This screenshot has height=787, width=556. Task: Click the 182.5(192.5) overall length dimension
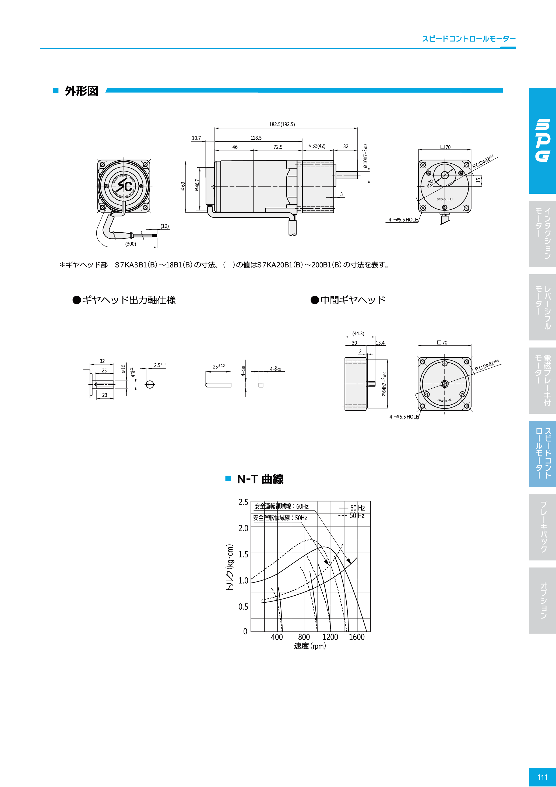tap(282, 124)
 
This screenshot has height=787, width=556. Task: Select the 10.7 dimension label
tap(196, 138)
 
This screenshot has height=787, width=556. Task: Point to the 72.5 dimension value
tap(278, 147)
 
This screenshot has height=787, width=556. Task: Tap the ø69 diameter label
tap(183, 186)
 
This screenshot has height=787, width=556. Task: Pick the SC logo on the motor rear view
tap(124, 185)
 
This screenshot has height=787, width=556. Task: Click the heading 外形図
tap(82, 91)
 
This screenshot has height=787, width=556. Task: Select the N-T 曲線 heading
tap(260, 479)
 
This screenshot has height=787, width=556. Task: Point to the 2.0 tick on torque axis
tap(243, 528)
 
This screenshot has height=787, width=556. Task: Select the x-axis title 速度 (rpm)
tap(310, 646)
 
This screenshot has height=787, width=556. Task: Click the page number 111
tap(542, 777)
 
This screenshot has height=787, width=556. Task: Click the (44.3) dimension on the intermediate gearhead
tap(358, 333)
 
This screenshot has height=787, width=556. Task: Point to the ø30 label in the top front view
tap(430, 183)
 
